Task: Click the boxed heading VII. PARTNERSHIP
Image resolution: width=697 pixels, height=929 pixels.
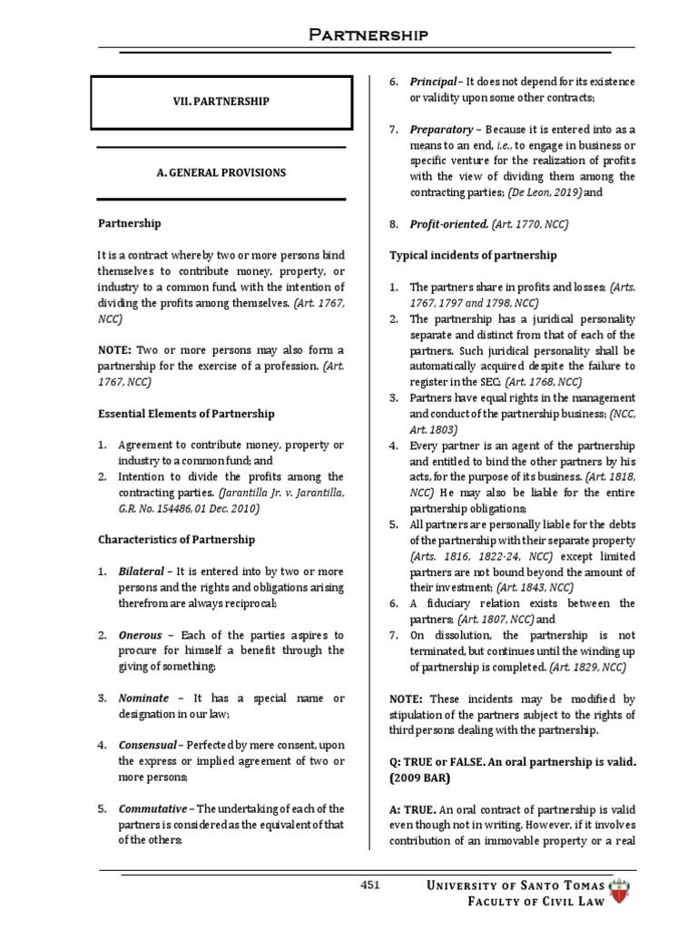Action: pos(221,102)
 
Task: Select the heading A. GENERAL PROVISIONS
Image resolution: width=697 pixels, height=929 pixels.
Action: pos(221,172)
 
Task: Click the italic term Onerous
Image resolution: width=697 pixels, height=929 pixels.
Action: pos(141,634)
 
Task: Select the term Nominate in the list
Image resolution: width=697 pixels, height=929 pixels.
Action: pos(143,698)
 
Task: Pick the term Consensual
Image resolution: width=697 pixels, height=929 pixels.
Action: pos(147,745)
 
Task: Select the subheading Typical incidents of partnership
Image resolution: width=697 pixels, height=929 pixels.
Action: pos(473,256)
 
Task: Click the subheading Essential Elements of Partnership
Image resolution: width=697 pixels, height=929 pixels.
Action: pos(186,414)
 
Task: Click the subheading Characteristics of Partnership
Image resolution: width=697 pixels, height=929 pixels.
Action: pos(176,540)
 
